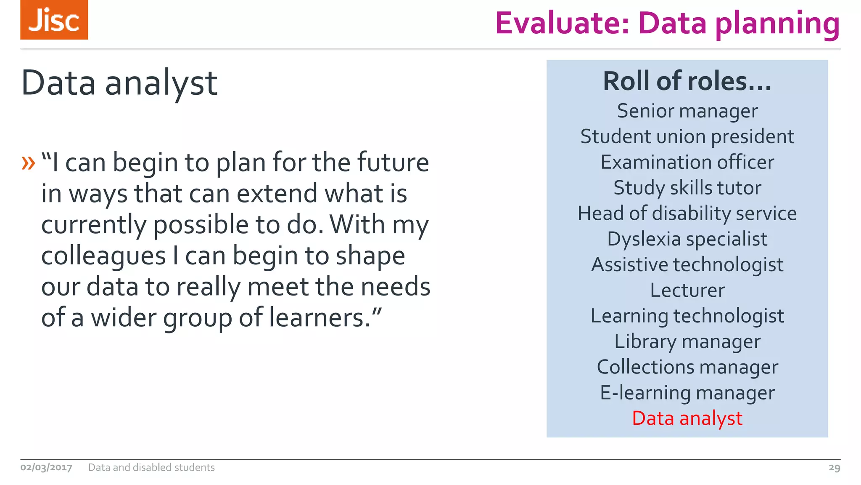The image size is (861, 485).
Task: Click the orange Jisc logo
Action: tap(54, 20)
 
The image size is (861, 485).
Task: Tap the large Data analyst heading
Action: tap(119, 83)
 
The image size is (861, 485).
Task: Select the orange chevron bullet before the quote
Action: tap(28, 163)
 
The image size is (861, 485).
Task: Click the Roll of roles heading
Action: tap(687, 81)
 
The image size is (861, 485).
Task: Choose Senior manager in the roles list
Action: tap(687, 111)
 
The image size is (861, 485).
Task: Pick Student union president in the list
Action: tap(687, 137)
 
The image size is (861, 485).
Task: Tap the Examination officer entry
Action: tap(687, 163)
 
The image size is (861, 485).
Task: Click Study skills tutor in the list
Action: tap(687, 188)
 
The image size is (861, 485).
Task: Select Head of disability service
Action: tap(687, 213)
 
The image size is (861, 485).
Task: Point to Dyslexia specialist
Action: tap(687, 239)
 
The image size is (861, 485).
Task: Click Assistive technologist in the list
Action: tap(687, 265)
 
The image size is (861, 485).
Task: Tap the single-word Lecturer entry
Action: tap(687, 290)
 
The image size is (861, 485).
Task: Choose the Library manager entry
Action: tap(687, 341)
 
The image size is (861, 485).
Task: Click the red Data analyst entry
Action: tap(687, 418)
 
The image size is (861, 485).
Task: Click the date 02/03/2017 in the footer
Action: tap(46, 468)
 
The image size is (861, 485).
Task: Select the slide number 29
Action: tap(834, 468)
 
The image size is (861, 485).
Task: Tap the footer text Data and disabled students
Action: tap(151, 468)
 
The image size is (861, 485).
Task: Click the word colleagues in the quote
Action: tap(103, 256)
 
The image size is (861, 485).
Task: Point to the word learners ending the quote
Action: tap(320, 317)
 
